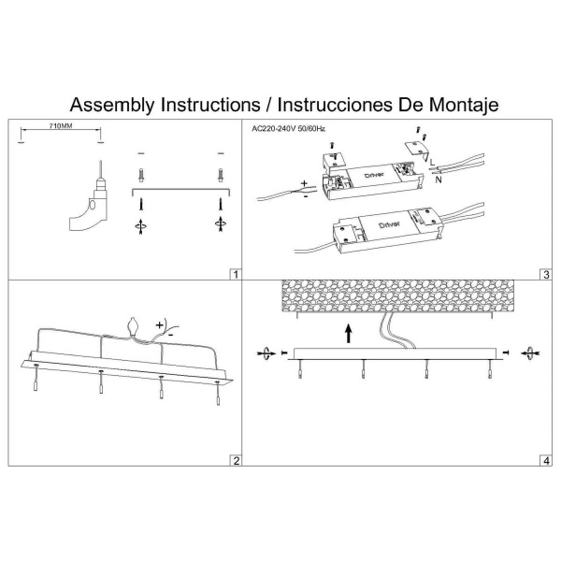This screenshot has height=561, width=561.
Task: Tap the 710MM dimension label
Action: [x=60, y=126]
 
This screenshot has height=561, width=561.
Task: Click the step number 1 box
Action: [x=235, y=275]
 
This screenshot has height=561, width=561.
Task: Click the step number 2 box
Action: [x=235, y=460]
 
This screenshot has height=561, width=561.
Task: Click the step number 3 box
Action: [x=544, y=275]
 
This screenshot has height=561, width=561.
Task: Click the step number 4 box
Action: [x=544, y=460]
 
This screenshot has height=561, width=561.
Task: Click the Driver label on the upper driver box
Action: [x=367, y=174]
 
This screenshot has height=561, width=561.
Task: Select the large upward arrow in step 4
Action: [x=348, y=331]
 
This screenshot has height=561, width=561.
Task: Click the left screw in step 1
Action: [x=141, y=175]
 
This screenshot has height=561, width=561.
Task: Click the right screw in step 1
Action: [x=221, y=175]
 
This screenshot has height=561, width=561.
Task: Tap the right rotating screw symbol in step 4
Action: [x=531, y=352]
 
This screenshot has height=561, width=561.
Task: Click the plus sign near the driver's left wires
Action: [x=304, y=182]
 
